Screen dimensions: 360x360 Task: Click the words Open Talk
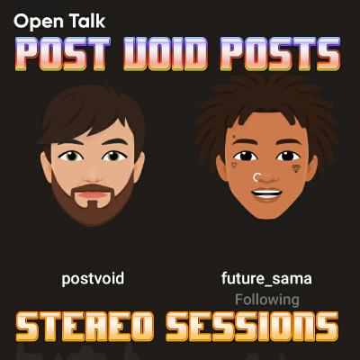59,22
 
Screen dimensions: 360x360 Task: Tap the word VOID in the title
166,54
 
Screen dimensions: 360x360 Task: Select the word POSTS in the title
280,54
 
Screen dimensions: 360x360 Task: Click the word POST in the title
62,54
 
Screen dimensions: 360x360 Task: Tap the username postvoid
93,278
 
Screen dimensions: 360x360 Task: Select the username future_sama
266,278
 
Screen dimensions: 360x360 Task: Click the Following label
266,300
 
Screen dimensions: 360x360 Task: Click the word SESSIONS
252,327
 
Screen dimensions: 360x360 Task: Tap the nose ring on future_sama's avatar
255,177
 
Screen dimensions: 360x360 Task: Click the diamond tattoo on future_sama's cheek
296,168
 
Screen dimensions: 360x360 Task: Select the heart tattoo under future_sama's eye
234,165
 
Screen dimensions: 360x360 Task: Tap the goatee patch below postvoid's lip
93,204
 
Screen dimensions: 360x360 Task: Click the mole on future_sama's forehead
234,138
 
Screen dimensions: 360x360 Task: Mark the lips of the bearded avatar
93,195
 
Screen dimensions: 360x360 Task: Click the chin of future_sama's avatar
266,211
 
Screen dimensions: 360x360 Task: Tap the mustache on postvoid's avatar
93,188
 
